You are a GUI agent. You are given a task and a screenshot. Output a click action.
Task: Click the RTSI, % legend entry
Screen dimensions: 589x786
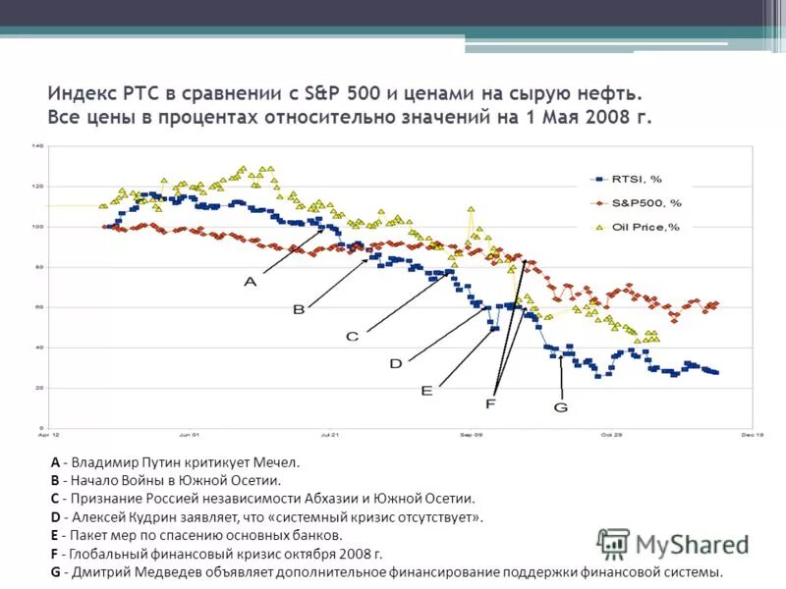(x=638, y=179)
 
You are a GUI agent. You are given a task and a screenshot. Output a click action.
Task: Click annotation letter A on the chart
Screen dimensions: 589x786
(x=250, y=281)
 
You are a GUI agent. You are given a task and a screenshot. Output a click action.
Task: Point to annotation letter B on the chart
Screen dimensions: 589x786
(x=298, y=309)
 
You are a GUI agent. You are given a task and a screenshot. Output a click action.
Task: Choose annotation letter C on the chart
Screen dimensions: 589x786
(x=352, y=336)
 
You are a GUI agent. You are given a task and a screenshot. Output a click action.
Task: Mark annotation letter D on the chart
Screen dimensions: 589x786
(x=395, y=363)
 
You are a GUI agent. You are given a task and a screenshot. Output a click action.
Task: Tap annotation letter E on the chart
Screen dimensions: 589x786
(x=426, y=390)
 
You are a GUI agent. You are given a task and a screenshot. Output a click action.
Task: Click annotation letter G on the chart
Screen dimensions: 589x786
(x=561, y=406)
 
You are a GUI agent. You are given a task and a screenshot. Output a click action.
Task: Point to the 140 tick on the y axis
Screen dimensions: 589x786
(x=38, y=146)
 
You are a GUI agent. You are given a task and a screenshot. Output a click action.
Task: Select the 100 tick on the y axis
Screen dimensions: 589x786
(x=38, y=227)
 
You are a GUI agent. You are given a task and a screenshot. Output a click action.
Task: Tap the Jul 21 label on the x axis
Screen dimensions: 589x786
(x=330, y=433)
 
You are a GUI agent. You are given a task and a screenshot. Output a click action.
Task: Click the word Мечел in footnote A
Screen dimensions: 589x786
(x=275, y=461)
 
